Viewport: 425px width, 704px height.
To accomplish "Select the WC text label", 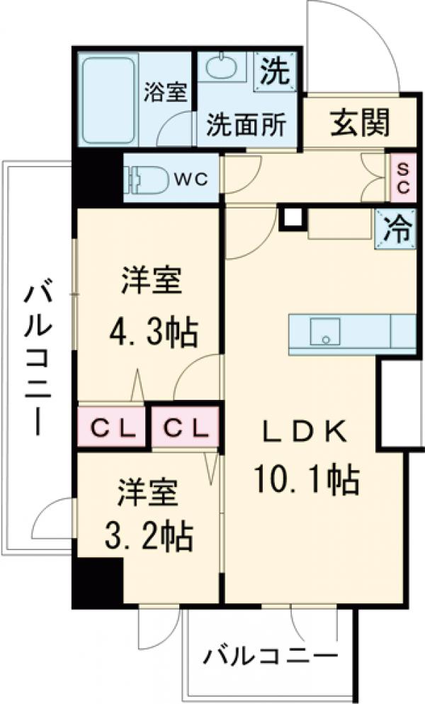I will tap(192, 179).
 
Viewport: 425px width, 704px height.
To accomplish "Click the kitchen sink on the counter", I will tap(326, 332).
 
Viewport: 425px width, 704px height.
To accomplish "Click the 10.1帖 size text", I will tap(307, 481).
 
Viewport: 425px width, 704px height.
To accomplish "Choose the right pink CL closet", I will tap(186, 428).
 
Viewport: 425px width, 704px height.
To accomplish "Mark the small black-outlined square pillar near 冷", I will tap(292, 218).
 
